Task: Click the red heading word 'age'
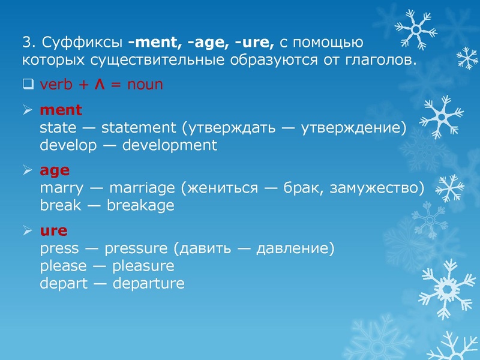pyautogui.click(x=55, y=171)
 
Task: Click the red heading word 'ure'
pyautogui.click(x=53, y=231)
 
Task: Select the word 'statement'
pyautogui.click(x=138, y=128)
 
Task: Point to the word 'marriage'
pyautogui.click(x=142, y=188)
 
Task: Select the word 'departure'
pyautogui.click(x=148, y=283)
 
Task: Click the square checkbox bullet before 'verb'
pyautogui.click(x=27, y=84)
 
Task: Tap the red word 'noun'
pyautogui.click(x=145, y=85)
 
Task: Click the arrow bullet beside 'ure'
pyautogui.click(x=27, y=230)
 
